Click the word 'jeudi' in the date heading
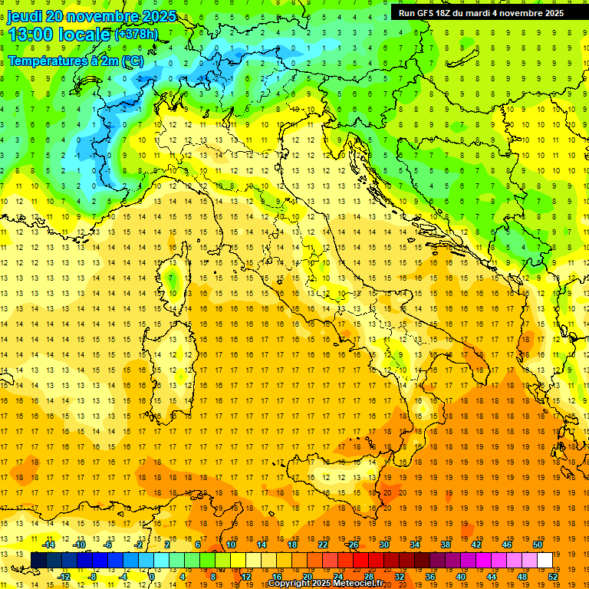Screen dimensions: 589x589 click(23, 16)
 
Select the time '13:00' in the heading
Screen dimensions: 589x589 click(31, 35)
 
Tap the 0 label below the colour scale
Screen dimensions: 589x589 click(152, 577)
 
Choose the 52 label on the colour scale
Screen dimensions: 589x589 click(553, 577)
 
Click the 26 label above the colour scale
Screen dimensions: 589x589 click(353, 545)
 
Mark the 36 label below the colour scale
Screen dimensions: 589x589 click(430, 577)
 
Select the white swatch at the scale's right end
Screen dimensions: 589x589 click(545, 561)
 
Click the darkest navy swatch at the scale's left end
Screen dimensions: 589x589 click(38, 561)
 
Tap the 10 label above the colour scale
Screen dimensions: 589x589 click(230, 545)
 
